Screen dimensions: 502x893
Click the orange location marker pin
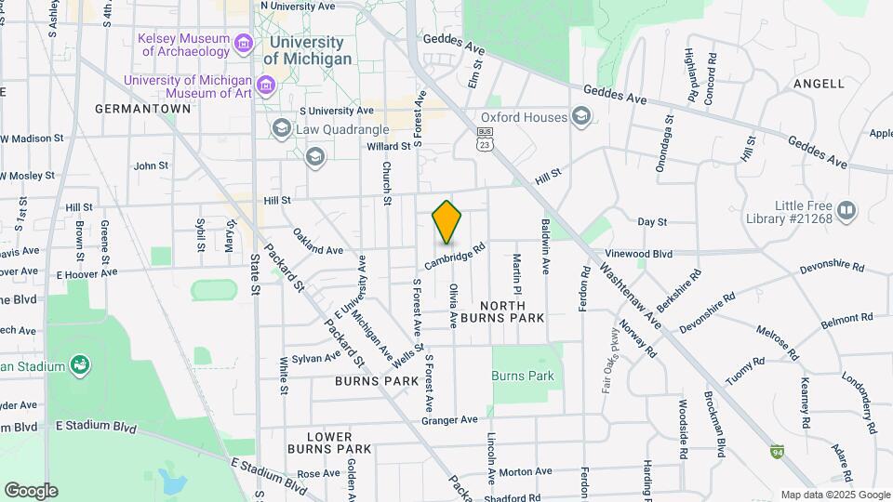point(447,222)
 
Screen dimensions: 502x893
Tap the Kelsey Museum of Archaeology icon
point(244,43)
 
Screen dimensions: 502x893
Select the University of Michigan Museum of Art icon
point(267,86)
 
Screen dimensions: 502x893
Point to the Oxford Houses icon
point(581,116)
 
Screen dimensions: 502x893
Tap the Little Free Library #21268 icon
point(846,211)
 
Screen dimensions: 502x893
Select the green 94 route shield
point(776,452)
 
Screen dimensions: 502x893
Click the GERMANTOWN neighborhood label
point(142,109)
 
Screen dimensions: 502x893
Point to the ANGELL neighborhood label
point(819,84)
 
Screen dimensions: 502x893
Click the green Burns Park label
point(523,376)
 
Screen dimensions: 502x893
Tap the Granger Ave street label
point(449,420)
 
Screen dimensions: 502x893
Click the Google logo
point(31,491)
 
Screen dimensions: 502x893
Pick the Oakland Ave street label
point(317,249)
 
